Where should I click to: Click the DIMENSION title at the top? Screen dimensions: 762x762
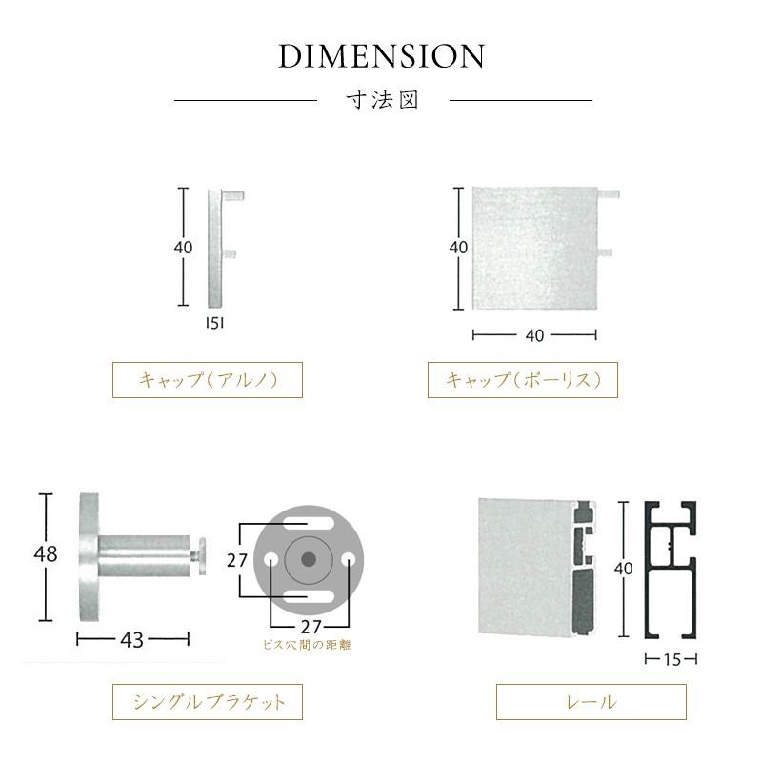pos(382,56)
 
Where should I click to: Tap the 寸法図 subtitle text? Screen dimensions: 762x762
pos(383,100)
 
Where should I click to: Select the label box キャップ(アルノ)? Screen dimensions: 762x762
pos(208,380)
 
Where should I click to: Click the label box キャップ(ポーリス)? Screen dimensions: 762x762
pos(522,380)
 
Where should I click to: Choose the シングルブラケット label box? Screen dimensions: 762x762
pos(208,702)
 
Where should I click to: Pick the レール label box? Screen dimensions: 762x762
pos(591,702)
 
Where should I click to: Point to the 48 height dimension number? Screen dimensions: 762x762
pos(46,553)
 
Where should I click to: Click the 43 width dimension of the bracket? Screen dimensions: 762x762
pos(132,640)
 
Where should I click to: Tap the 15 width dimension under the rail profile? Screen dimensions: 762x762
pos(672,659)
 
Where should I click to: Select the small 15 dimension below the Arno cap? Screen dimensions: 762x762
pos(215,323)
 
